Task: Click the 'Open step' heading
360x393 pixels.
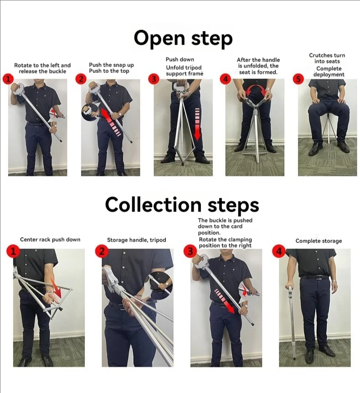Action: point(183,38)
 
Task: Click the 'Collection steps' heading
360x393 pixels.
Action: point(182,205)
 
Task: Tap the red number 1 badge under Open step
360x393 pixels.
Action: point(8,79)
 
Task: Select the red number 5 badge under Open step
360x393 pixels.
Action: point(298,79)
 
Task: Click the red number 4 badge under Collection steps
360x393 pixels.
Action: point(278,251)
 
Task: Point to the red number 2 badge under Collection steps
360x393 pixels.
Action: point(101,251)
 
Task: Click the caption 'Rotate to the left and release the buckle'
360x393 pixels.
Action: point(42,68)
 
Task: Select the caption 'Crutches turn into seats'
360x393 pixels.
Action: point(327,58)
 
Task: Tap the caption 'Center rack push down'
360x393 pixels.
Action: point(50,239)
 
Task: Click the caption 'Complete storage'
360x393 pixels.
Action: point(318,241)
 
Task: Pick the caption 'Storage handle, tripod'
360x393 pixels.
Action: point(136,240)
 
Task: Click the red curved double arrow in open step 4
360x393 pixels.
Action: point(256,89)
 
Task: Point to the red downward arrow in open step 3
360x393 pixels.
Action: point(197,124)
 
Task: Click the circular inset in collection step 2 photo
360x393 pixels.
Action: point(161,282)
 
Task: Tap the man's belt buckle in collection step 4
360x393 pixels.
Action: point(318,277)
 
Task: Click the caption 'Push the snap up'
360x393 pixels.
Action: point(111,65)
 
